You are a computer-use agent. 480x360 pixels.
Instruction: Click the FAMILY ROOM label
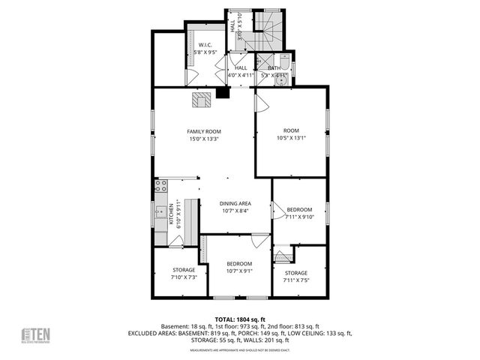(x=204, y=132)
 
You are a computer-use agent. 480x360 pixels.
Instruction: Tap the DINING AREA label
(x=235, y=204)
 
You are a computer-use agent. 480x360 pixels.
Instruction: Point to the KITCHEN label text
(x=170, y=213)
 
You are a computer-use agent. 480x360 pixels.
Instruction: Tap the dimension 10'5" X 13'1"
(x=291, y=138)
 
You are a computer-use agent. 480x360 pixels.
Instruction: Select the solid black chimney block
(x=222, y=93)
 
